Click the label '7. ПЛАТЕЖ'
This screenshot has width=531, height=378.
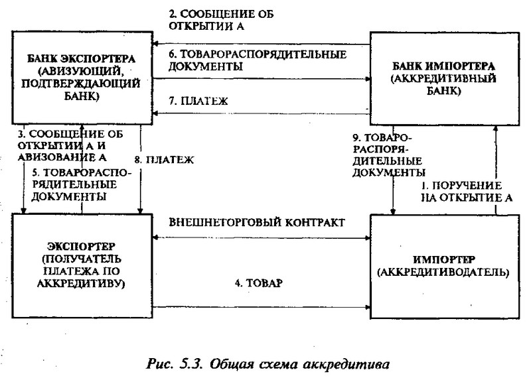198,101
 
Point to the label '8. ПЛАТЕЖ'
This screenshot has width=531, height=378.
164,160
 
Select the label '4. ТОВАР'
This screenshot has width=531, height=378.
259,283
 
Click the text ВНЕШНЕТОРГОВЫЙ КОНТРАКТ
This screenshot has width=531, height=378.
257,222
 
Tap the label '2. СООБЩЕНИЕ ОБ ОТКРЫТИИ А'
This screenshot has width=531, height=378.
221,20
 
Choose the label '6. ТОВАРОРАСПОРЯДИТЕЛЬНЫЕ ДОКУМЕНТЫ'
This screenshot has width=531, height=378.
258,60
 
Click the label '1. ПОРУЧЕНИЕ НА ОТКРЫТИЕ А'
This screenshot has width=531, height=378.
467,192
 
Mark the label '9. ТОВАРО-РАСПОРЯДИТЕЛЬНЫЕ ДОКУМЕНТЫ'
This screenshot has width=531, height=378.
388,155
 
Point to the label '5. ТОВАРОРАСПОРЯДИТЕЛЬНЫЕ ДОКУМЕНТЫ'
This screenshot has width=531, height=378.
81,184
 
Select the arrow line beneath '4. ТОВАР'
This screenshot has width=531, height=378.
262,307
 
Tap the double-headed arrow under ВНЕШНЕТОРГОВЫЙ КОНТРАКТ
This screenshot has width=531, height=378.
262,238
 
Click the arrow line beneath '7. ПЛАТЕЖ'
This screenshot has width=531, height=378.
261,113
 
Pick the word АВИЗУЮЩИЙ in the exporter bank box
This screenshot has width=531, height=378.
82,72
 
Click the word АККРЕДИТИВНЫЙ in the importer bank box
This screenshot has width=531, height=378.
443,79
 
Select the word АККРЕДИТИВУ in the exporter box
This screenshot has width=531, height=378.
81,283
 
